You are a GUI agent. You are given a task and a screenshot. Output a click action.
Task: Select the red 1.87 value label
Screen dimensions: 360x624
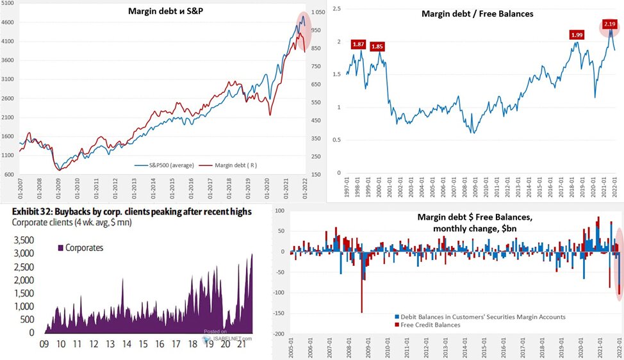[359, 45]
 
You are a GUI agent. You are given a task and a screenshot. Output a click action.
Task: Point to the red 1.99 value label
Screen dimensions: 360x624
[577, 35]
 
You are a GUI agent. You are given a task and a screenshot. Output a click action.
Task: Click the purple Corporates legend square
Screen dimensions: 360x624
[62, 247]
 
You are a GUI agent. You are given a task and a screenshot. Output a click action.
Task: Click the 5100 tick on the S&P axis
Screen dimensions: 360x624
[8, 4]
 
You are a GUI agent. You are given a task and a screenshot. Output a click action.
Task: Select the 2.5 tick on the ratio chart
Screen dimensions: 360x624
[336, 9]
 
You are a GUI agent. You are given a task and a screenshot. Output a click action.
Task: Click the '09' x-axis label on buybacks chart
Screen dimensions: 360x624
[44, 345]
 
